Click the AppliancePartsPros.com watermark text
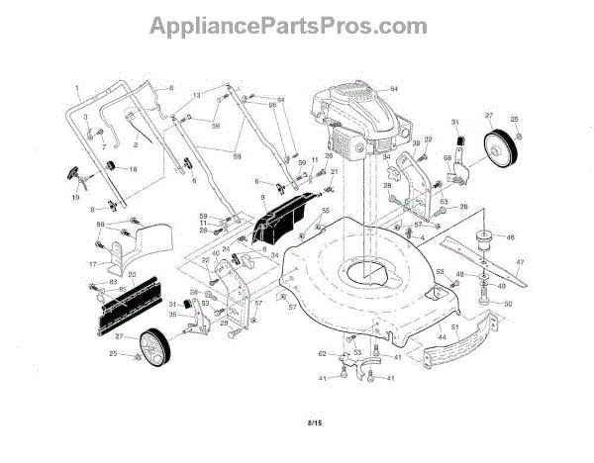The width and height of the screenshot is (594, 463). coord(296,24)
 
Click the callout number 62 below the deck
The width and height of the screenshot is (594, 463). coord(322,353)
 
